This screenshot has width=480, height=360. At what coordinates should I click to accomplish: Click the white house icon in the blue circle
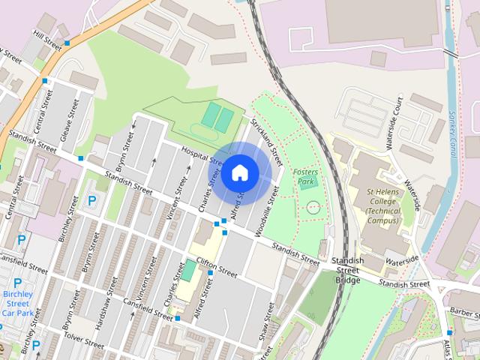click(x=239, y=172)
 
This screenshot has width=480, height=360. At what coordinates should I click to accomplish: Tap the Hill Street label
click(x=46, y=38)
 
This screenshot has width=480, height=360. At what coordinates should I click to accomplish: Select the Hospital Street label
click(x=202, y=154)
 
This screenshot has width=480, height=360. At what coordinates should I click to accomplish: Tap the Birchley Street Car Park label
click(x=16, y=303)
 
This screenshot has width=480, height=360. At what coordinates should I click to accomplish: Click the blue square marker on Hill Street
click(x=67, y=43)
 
